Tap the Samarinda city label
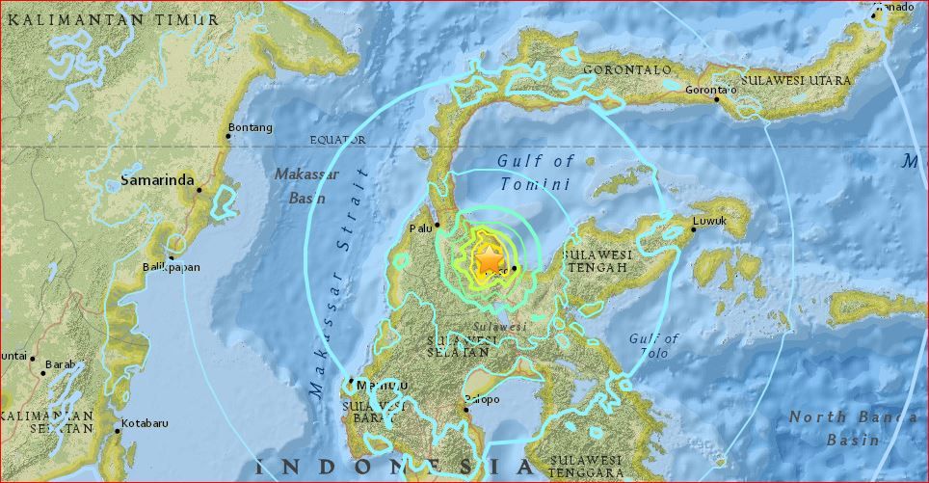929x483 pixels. pos(157,179)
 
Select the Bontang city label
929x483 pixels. pos(250,127)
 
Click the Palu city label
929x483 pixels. pos(420,228)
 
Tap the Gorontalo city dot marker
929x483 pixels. pos(717,97)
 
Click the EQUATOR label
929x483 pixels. pos(337,140)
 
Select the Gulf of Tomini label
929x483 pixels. pos(536,173)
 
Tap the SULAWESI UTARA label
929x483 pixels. pos(796,81)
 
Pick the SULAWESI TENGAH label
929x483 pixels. pos(596,260)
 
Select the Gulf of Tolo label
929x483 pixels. pos(654,345)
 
